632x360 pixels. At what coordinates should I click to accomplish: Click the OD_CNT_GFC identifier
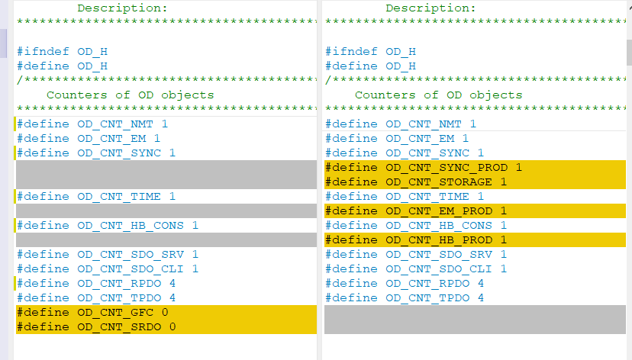pyautogui.click(x=115, y=312)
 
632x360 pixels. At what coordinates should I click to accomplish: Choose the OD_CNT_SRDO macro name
pyautogui.click(x=119, y=326)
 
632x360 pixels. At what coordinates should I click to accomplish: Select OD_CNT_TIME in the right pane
pyautogui.click(x=427, y=196)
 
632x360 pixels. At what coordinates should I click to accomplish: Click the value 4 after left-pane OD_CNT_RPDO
pyautogui.click(x=173, y=283)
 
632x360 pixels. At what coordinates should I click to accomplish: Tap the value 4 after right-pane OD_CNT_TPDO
pyautogui.click(x=480, y=297)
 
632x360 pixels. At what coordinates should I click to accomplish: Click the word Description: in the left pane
pyautogui.click(x=122, y=8)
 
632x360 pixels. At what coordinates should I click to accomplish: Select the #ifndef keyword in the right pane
pyautogui.click(x=352, y=51)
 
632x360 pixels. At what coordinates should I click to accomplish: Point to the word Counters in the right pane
pyautogui.click(x=385, y=95)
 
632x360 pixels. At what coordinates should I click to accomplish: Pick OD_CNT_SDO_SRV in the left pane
pyautogui.click(x=131, y=254)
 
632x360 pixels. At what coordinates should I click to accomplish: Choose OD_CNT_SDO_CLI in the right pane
pyautogui.click(x=439, y=268)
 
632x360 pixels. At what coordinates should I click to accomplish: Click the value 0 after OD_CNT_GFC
pyautogui.click(x=165, y=312)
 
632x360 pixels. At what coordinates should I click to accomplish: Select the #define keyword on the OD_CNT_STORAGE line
pyautogui.click(x=352, y=182)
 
